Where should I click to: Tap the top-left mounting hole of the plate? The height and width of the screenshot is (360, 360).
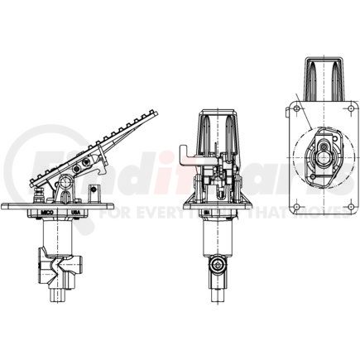pos(295,105)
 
